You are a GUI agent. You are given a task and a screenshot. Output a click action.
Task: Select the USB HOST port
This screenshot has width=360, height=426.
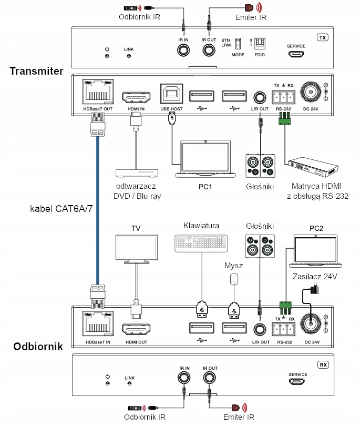coord(172,95)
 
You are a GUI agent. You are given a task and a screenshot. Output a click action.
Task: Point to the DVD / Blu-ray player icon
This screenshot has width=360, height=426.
coord(137,173)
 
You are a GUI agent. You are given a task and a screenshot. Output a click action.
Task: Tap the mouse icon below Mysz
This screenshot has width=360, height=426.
coord(234,279)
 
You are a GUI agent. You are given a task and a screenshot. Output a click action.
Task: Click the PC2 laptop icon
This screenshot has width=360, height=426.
coord(315,251)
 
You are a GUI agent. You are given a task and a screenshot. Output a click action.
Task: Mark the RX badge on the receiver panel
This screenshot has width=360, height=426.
coord(323,364)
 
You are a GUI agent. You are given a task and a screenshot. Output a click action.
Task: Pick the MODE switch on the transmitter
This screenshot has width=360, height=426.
coord(238,45)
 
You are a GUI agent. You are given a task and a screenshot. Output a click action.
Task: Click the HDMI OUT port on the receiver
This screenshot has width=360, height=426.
coord(135,329)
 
